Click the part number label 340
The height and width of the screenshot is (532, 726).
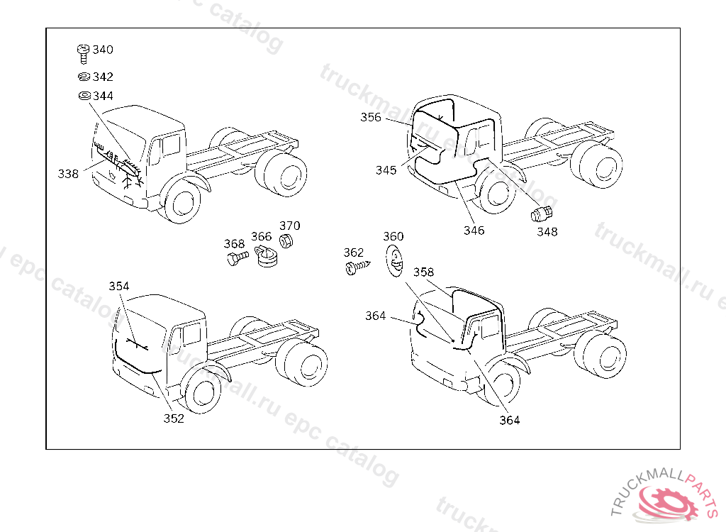103,50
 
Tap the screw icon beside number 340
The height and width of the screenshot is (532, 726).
83,52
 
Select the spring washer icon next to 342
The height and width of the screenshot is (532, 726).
83,77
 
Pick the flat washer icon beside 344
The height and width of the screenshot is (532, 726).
83,96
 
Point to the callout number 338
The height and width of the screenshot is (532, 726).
69,174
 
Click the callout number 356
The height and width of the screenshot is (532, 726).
371,118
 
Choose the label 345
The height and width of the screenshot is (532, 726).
386,170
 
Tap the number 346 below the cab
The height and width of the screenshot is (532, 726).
474,231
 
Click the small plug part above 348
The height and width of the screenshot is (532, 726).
542,214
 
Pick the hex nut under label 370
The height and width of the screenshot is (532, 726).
287,241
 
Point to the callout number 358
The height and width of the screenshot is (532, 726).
423,272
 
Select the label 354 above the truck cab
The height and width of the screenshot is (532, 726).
119,286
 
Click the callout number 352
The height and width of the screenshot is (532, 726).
174,419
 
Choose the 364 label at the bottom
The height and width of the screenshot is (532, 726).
509,420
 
